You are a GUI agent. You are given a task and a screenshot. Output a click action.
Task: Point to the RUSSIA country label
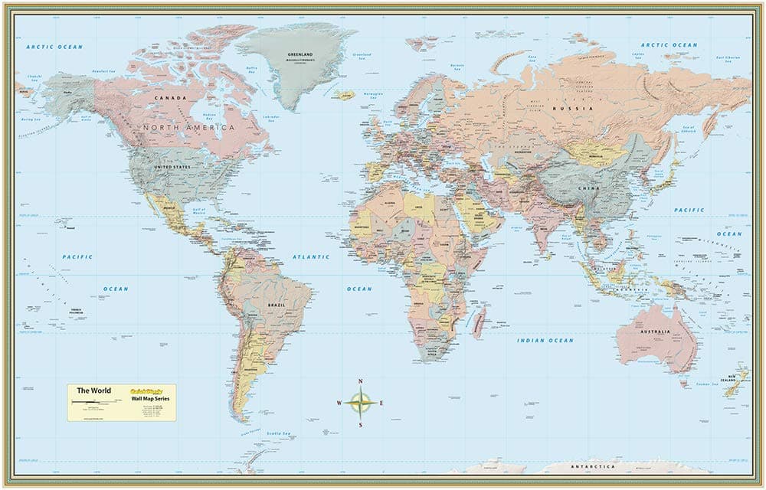click(580, 109)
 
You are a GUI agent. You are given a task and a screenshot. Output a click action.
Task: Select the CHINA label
click(588, 186)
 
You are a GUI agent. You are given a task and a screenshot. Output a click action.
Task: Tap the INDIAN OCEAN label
click(545, 340)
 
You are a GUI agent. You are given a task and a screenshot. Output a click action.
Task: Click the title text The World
click(93, 391)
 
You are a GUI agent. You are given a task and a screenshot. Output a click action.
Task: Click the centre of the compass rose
click(360, 402)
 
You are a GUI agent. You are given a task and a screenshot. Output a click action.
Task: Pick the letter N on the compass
click(360, 381)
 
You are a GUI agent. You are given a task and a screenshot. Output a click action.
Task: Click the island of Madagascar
click(480, 318)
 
